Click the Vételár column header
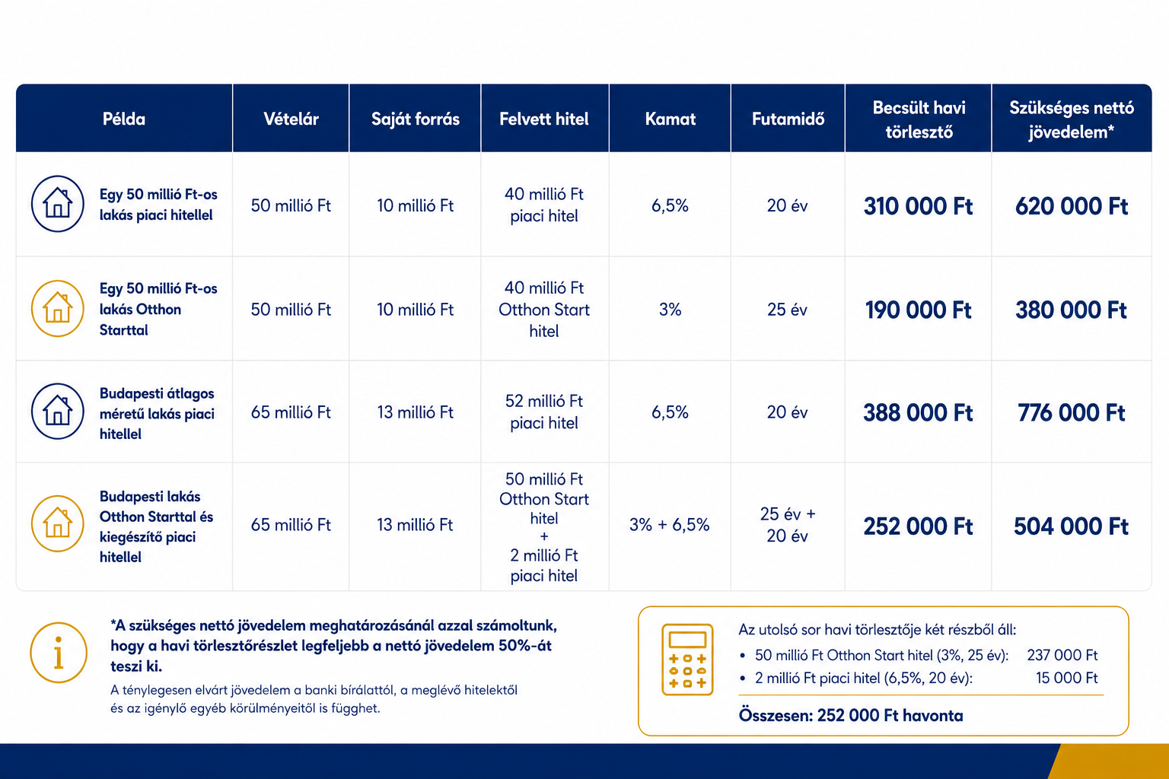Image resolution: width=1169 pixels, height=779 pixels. click(x=291, y=119)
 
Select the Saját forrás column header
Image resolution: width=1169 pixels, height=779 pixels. click(x=416, y=119)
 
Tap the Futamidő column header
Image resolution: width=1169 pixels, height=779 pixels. click(x=788, y=119)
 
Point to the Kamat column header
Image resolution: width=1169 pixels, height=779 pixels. click(x=670, y=119)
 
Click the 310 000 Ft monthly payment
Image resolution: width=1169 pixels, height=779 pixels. click(x=918, y=206)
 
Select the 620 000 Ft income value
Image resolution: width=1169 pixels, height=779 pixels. click(x=1072, y=206)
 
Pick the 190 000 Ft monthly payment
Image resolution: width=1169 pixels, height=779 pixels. click(x=918, y=310)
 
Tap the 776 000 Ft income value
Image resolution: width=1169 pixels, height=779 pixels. click(x=1072, y=413)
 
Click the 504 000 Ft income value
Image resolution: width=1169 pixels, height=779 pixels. click(x=1072, y=526)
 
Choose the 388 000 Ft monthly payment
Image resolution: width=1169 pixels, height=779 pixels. click(x=918, y=413)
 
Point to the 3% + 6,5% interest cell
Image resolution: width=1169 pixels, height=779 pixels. click(x=670, y=524)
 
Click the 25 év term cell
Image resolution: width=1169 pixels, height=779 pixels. click(x=787, y=310)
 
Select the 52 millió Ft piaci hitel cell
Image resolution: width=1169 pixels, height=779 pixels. click(x=544, y=412)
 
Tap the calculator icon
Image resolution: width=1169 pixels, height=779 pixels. click(x=687, y=660)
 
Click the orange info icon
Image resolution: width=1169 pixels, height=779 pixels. click(x=59, y=653)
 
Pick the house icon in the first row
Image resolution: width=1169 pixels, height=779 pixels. click(x=57, y=203)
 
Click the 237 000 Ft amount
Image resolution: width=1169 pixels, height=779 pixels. click(x=1062, y=655)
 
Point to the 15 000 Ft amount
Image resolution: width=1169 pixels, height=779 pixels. click(x=1067, y=678)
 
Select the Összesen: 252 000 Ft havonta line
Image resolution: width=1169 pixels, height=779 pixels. click(x=851, y=715)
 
